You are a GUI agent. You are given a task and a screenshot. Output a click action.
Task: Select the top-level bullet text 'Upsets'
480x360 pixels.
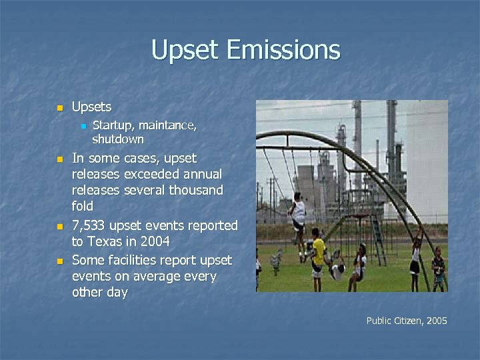(x=91, y=107)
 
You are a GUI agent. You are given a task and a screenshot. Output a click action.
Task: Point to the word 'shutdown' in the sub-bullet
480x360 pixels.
(x=117, y=139)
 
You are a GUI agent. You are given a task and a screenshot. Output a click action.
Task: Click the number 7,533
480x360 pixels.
(x=91, y=225)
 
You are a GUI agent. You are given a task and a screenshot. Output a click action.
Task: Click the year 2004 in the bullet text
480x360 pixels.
(x=154, y=241)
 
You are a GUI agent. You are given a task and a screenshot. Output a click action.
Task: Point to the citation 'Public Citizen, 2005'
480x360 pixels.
(x=407, y=321)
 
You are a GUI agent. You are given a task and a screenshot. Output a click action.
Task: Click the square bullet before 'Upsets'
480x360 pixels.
(x=59, y=108)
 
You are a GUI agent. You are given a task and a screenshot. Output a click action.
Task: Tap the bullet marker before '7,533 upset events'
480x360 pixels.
(x=59, y=227)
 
